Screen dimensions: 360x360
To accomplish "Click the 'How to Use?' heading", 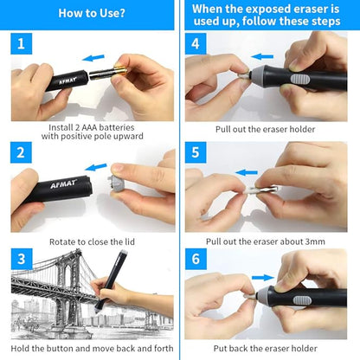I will click(x=90, y=13).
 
